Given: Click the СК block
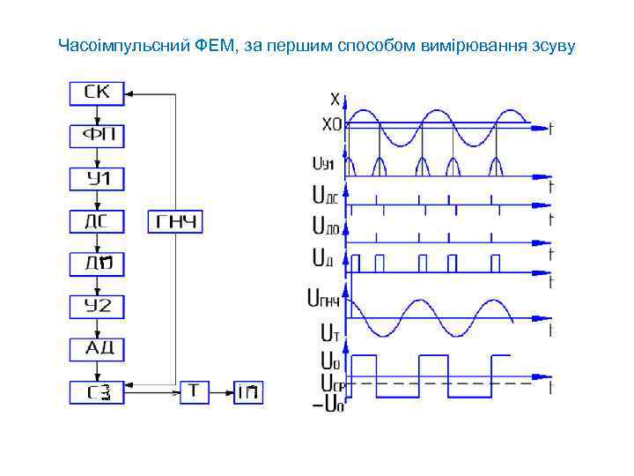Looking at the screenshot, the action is [x=98, y=92].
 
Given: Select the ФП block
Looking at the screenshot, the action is [x=98, y=136].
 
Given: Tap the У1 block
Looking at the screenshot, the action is [x=98, y=179].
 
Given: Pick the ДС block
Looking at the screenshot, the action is [x=98, y=221].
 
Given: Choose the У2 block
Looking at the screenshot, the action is [x=98, y=306].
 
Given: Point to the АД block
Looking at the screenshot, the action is [x=98, y=348].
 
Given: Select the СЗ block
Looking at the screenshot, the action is [x=98, y=390].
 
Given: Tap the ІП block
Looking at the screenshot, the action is [x=247, y=390].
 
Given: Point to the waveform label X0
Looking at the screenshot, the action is [x=330, y=126].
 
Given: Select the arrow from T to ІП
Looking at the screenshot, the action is [x=221, y=390].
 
